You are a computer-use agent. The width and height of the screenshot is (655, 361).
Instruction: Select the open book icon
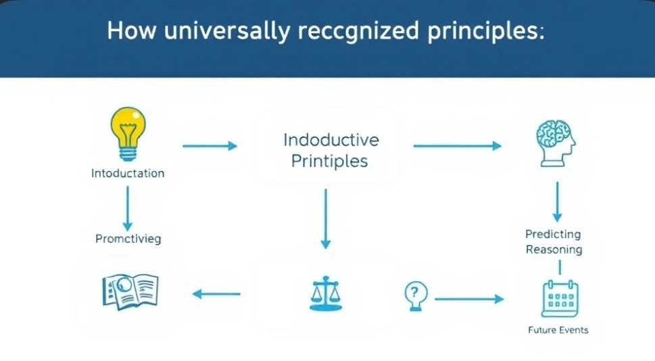pyautogui.click(x=130, y=291)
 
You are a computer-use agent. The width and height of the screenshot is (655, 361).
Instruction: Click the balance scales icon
pyautogui.click(x=325, y=293)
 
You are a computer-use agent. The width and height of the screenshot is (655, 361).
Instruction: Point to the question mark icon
pyautogui.click(x=416, y=295)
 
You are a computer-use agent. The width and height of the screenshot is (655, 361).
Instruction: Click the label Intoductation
pyautogui.click(x=128, y=173)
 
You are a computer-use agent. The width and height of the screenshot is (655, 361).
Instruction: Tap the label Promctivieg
pyautogui.click(x=128, y=239)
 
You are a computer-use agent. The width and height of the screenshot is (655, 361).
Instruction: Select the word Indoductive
pyautogui.click(x=331, y=140)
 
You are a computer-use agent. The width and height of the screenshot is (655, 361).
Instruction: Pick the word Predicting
pyautogui.click(x=553, y=234)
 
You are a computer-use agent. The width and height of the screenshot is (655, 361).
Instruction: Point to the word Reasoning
pyautogui.click(x=554, y=249)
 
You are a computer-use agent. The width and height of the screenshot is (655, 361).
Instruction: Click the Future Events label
pyautogui.click(x=558, y=330)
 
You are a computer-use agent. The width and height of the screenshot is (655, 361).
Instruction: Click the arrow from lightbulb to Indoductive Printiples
pyautogui.click(x=210, y=145)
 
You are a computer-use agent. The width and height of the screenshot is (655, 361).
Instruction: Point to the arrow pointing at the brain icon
pyautogui.click(x=457, y=145)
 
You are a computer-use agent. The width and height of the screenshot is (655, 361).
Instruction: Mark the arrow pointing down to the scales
pyautogui.click(x=326, y=218)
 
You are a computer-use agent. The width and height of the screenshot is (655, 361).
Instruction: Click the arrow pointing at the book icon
pyautogui.click(x=217, y=293)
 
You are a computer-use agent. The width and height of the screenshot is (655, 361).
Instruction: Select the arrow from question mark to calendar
pyautogui.click(x=469, y=298)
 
